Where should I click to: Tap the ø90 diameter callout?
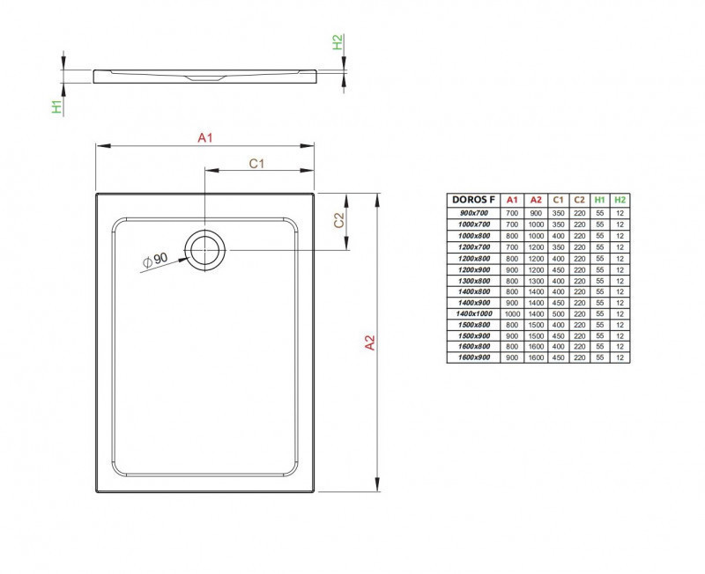pyautogui.click(x=154, y=260)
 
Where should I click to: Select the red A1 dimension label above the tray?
pyautogui.click(x=204, y=137)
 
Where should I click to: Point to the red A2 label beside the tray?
pyautogui.click(x=370, y=343)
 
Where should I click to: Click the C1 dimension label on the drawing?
pyautogui.click(x=257, y=163)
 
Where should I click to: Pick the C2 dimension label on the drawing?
pyautogui.click(x=338, y=221)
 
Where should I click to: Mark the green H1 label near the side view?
pyautogui.click(x=56, y=107)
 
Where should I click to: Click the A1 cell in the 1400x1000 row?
pyautogui.click(x=512, y=313)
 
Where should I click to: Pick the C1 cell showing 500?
pyautogui.click(x=557, y=313)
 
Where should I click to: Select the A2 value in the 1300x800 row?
pyautogui.click(x=535, y=280)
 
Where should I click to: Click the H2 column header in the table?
pyautogui.click(x=620, y=201)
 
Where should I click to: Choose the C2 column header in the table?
pyautogui.click(x=579, y=201)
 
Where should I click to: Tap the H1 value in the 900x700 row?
pyautogui.click(x=600, y=213)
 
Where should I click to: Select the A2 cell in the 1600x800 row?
pyautogui.click(x=535, y=347)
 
